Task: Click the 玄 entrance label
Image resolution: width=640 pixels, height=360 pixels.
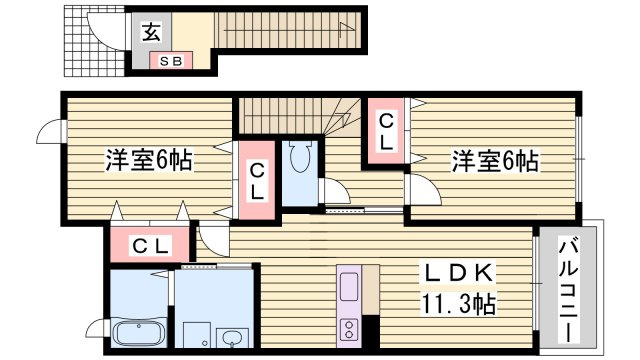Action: (x=150, y=34)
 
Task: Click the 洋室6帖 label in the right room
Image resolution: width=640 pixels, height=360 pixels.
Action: (x=494, y=160)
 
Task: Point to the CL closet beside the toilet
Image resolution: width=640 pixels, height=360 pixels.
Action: (x=257, y=181)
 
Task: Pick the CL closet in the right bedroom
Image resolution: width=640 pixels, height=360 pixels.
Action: (x=385, y=131)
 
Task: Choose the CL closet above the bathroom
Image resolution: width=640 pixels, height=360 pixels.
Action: (x=151, y=245)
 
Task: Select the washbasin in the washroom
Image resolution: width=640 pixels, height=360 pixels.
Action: (x=233, y=335)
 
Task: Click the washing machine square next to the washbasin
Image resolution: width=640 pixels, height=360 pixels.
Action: (x=197, y=334)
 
